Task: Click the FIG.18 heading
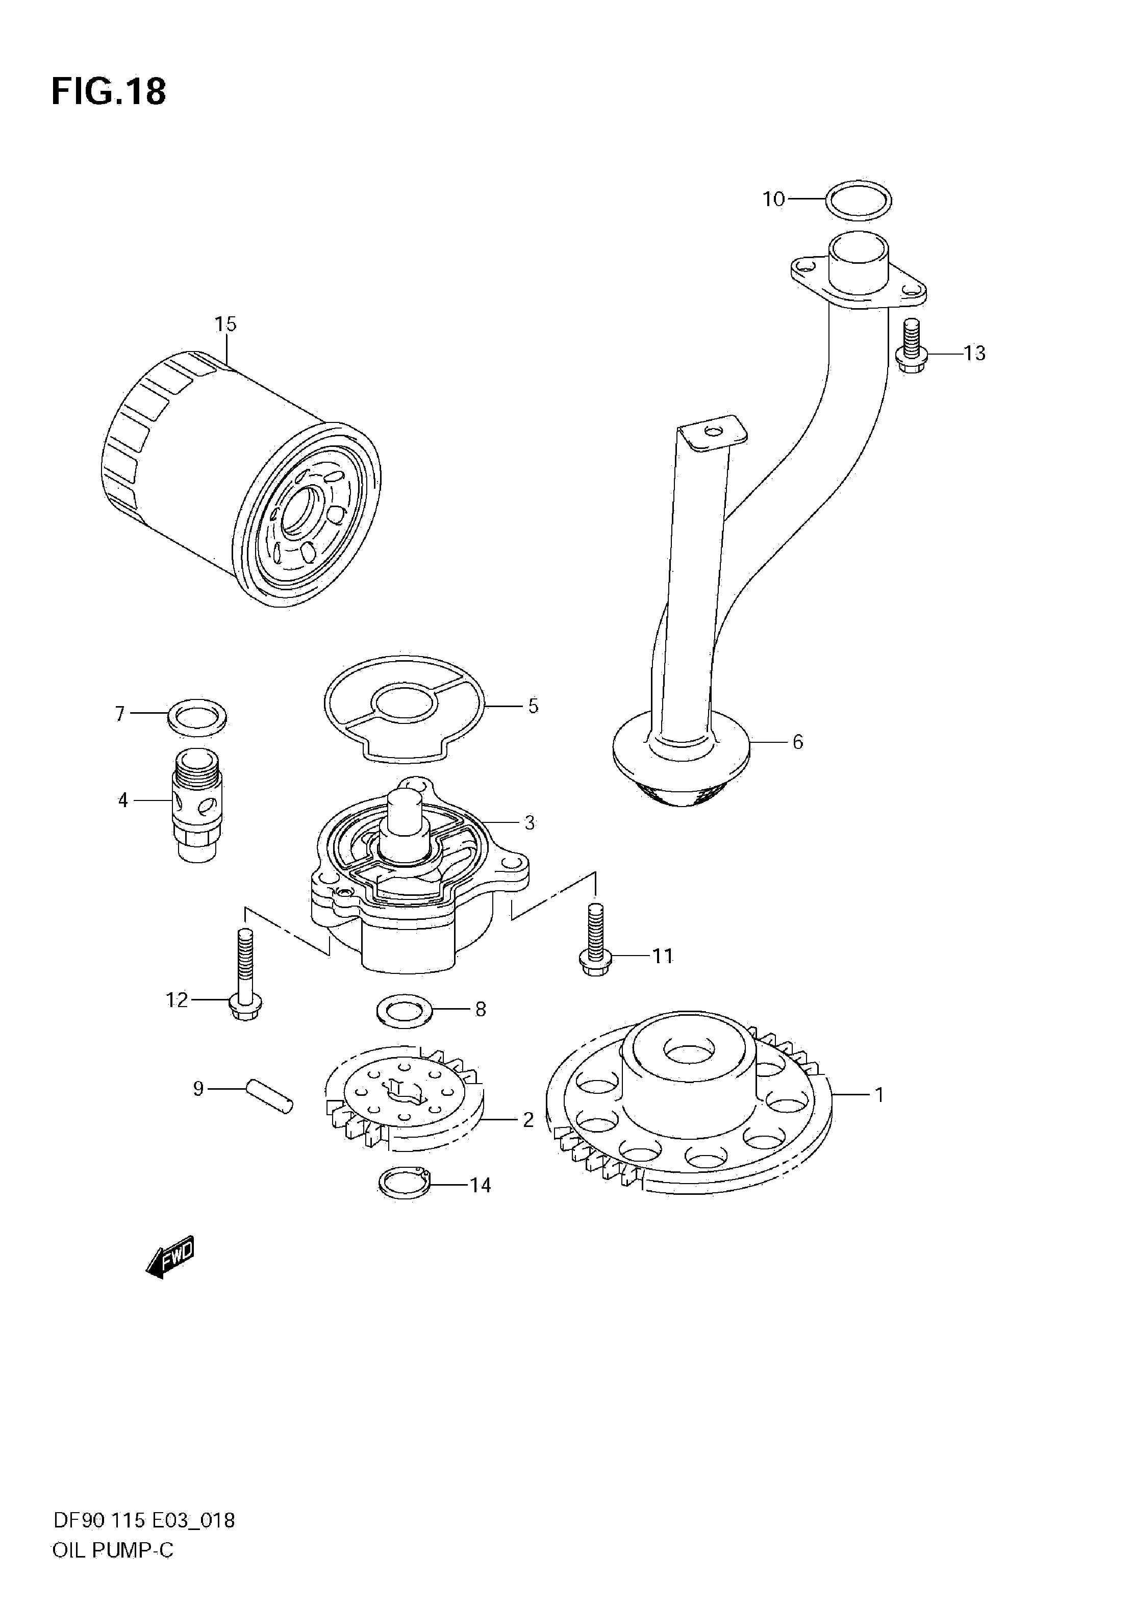tap(109, 91)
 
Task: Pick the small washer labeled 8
tap(404, 1010)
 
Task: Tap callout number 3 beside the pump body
tap(529, 823)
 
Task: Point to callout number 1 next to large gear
tap(879, 1095)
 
